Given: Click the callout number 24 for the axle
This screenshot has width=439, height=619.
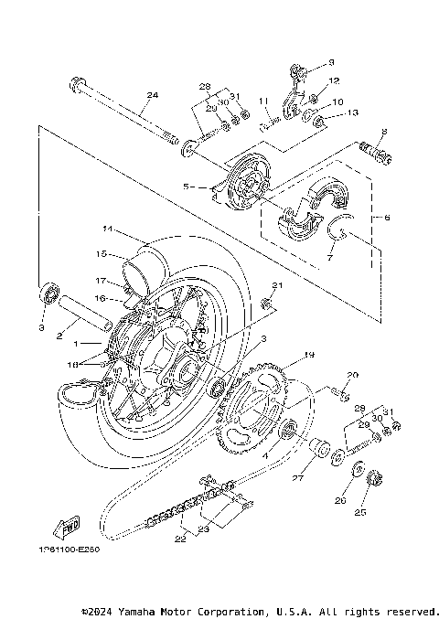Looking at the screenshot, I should coord(152,95).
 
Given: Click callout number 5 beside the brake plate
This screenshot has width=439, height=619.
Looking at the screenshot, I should coord(186,187).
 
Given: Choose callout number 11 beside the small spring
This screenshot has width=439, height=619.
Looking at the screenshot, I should coord(262,101).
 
